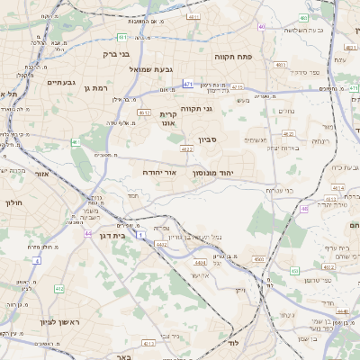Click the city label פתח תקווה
pyautogui.click(x=258, y=57)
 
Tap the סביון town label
pyautogui.click(x=209, y=140)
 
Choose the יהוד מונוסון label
pyautogui.click(x=212, y=171)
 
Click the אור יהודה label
pyautogui.click(x=159, y=171)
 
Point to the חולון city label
pyautogui.click(x=14, y=203)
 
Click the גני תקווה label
pyautogui.click(x=195, y=109)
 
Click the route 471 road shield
pyautogui.click(x=187, y=84)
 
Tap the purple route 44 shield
pyautogui.click(x=88, y=234)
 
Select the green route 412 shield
pyautogui.click(x=59, y=289)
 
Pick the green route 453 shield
pyautogui.click(x=294, y=269)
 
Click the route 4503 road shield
pyautogui.click(x=259, y=258)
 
